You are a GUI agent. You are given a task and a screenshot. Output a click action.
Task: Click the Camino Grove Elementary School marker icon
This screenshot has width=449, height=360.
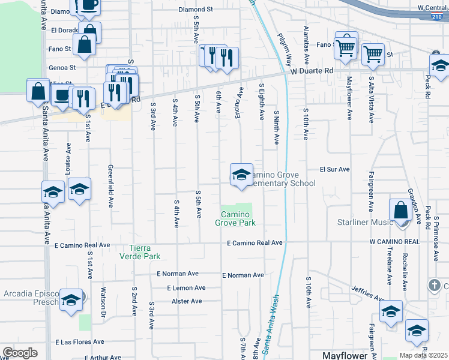pyautogui.click(x=241, y=175)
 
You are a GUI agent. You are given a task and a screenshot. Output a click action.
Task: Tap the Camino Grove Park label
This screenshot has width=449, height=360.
pyautogui.click(x=235, y=218)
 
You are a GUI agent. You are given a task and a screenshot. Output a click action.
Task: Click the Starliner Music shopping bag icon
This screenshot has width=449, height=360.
pyautogui.click(x=400, y=211)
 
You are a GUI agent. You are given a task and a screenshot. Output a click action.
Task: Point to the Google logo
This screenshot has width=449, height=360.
pyautogui.click(x=20, y=353)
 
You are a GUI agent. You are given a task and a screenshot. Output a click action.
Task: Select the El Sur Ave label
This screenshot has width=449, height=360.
pyautogui.click(x=334, y=169)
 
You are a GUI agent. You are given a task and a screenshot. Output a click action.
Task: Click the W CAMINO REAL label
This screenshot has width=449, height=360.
pyautogui.click(x=394, y=241)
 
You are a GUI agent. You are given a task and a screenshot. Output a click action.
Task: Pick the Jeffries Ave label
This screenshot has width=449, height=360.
pyautogui.click(x=368, y=293)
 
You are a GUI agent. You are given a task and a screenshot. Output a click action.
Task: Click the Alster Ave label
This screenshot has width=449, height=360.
pyautogui.click(x=187, y=301)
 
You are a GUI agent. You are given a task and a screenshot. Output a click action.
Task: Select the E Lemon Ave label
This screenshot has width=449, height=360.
pyautogui.click(x=186, y=288)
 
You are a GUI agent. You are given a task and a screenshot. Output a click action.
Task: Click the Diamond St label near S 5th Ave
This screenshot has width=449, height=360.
pyautogui.click(x=196, y=10)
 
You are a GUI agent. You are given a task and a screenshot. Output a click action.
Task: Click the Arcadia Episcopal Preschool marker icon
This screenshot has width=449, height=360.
pyautogui.click(x=71, y=300)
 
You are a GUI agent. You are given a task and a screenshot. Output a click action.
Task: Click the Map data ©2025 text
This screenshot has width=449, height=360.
pyautogui.click(x=424, y=355)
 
